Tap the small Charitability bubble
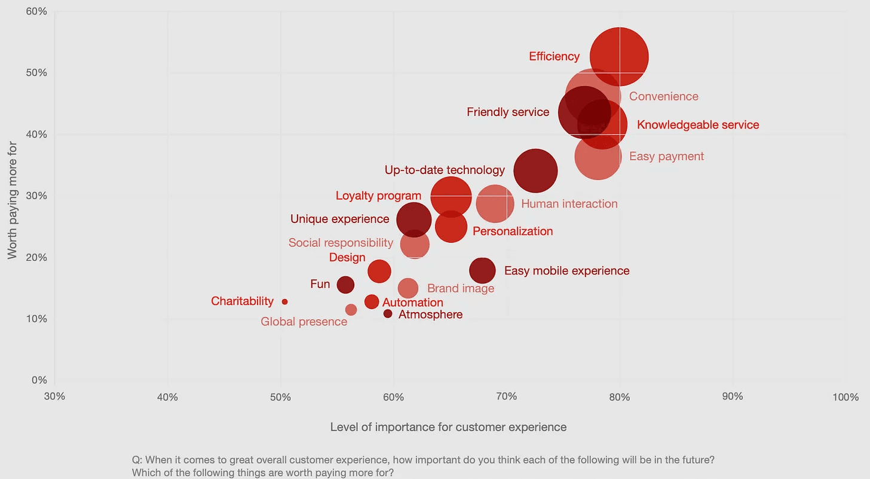point(284,302)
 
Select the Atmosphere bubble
point(388,314)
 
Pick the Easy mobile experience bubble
point(482,270)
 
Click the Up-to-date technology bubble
point(535,171)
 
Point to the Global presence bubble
point(351,310)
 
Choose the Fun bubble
point(345,285)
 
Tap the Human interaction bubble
point(495,204)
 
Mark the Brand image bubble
point(408,288)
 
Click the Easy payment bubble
point(598,157)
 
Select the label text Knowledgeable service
point(698,125)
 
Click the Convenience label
point(663,96)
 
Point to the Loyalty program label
point(378,196)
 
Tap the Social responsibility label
point(341,243)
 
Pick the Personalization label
point(513,231)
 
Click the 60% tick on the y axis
point(36,11)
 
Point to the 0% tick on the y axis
point(39,380)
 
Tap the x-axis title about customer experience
point(448,427)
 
